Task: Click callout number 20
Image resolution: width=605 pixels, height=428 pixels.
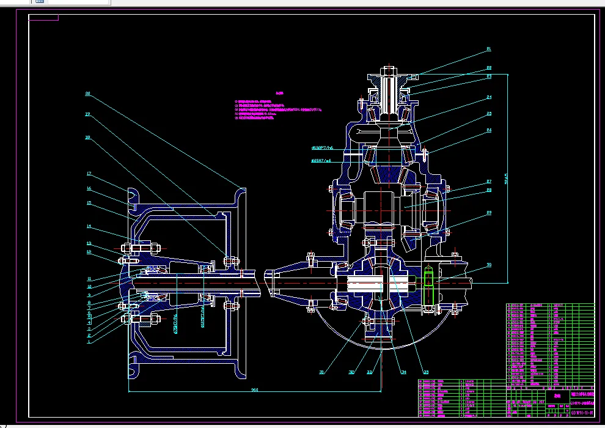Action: [87, 94]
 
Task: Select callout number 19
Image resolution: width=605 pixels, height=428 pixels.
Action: [87, 114]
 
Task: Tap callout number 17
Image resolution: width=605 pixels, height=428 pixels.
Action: [89, 174]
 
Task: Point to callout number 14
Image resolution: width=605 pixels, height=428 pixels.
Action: [89, 227]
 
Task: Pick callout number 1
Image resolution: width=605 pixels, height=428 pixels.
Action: [89, 342]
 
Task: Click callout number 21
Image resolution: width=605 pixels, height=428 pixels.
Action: [489, 48]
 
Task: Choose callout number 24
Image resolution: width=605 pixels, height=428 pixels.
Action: [489, 97]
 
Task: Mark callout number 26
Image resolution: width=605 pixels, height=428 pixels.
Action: [489, 130]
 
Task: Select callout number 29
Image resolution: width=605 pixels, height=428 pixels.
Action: [489, 213]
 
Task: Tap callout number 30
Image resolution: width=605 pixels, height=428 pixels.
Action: [489, 265]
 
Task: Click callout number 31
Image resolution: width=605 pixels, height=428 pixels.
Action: [321, 372]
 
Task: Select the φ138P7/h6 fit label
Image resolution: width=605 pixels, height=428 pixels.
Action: [321, 148]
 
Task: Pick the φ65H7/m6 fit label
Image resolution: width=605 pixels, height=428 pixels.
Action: [321, 161]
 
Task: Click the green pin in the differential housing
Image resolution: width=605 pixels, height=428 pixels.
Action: [428, 284]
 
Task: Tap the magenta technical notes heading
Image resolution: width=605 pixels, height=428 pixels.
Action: [280, 94]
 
